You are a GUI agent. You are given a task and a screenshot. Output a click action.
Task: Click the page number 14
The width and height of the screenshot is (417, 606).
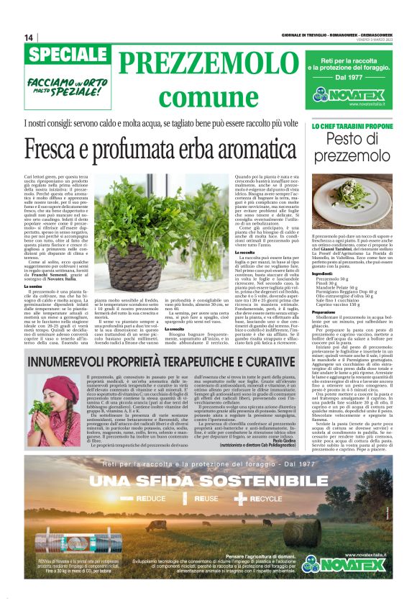(x=29, y=37)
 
